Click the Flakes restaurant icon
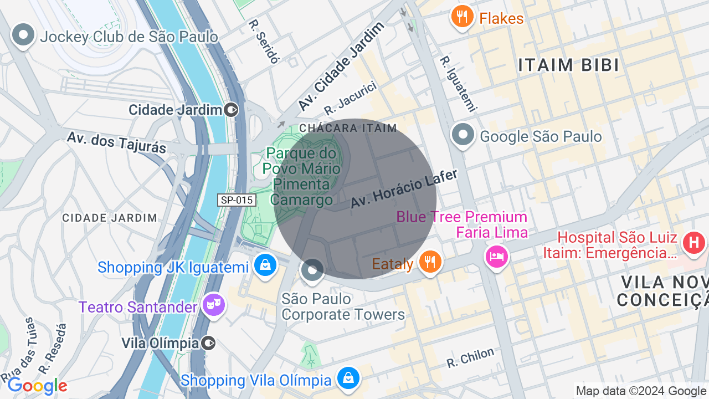click(462, 17)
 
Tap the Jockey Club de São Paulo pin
click(23, 35)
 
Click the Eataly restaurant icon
click(430, 261)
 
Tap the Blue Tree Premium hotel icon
click(496, 256)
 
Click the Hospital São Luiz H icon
click(694, 243)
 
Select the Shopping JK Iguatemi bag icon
click(265, 265)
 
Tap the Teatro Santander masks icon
click(213, 305)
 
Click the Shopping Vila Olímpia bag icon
click(348, 378)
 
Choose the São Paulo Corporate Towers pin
click(312, 270)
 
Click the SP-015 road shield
click(237, 200)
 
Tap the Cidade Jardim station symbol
click(232, 110)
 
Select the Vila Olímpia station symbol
click(209, 343)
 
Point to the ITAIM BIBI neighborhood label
click(568, 65)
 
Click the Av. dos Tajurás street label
click(116, 142)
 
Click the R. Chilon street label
click(470, 358)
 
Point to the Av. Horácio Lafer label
click(404, 189)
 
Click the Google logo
click(37, 386)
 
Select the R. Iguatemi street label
click(458, 84)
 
